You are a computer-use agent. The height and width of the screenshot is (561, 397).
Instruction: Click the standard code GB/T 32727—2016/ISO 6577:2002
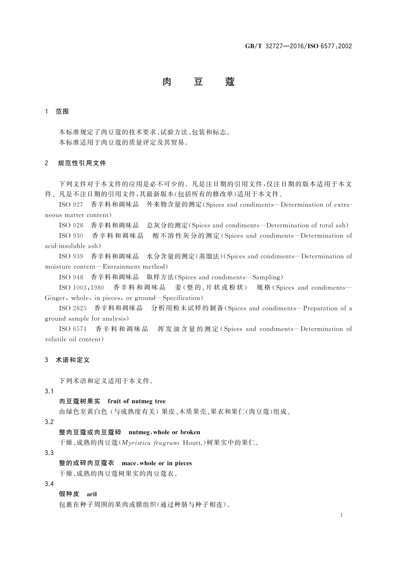(x=298, y=46)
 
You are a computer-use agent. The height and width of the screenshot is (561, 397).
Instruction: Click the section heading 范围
(x=62, y=112)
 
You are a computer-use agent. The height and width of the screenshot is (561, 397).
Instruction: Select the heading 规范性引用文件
(x=82, y=163)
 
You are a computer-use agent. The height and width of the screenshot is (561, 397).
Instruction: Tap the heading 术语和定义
(x=73, y=360)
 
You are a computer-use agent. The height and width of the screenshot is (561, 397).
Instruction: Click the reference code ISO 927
(x=71, y=205)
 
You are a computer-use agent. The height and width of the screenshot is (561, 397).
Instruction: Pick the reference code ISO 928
(x=71, y=226)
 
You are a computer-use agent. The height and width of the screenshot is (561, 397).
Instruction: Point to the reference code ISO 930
(x=71, y=236)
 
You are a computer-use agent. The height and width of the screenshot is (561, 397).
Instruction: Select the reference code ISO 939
(x=71, y=257)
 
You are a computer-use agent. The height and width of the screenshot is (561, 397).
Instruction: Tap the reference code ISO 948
(x=71, y=277)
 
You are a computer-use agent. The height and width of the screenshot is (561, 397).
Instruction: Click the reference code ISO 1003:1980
(x=82, y=288)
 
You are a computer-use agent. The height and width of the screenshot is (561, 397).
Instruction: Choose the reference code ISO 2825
(x=73, y=308)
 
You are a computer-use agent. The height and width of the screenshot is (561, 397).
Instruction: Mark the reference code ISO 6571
(x=73, y=329)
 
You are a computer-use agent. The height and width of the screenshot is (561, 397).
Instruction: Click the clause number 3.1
(x=49, y=391)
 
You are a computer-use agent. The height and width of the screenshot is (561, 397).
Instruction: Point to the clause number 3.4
(x=49, y=484)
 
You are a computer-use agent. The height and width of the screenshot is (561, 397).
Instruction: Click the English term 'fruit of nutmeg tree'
(x=137, y=401)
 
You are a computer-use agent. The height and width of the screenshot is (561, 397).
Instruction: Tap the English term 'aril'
(x=92, y=494)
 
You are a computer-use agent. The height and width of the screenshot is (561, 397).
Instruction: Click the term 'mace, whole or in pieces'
(x=157, y=463)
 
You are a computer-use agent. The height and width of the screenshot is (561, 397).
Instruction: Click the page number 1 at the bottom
(x=341, y=515)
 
